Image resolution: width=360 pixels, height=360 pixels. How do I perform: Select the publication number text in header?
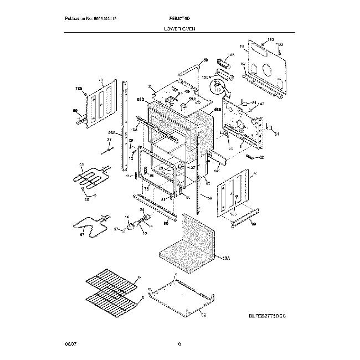click(91, 19)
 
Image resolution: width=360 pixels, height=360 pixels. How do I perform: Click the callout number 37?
click(110, 140)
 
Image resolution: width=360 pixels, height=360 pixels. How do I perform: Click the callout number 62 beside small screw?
click(261, 158)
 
